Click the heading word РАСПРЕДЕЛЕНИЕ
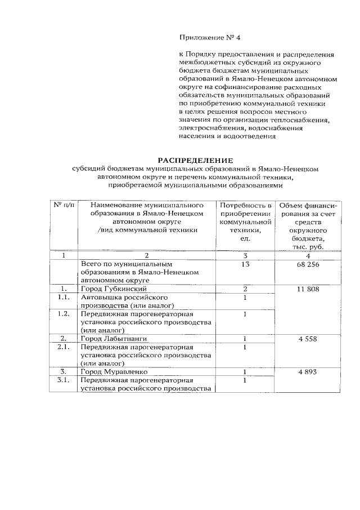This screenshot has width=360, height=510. click(x=195, y=160)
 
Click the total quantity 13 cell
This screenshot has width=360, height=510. click(x=245, y=264)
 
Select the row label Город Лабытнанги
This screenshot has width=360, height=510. click(x=113, y=339)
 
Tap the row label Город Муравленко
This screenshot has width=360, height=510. click(x=114, y=372)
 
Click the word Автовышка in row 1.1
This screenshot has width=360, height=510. click(x=102, y=297)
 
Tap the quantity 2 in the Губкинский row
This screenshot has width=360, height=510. click(x=245, y=289)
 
